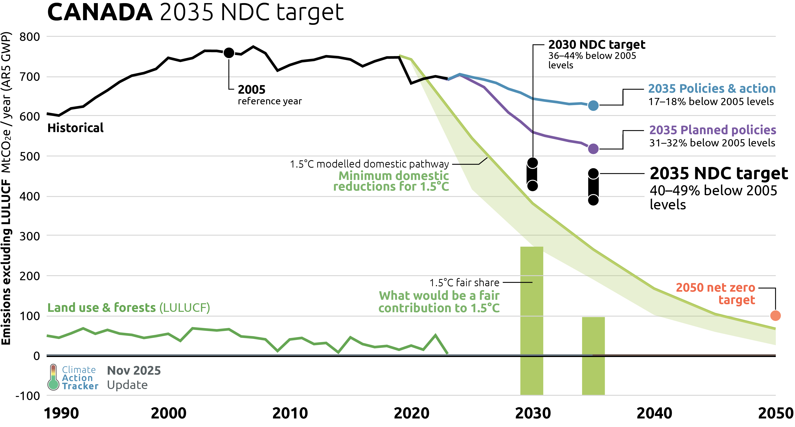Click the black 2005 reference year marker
coord(229,53)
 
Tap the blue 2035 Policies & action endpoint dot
coord(593,106)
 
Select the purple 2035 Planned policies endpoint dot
coord(593,149)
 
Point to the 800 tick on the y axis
coord(30,37)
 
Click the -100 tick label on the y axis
coord(28,396)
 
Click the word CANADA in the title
coord(100,12)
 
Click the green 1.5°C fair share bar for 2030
coord(531,321)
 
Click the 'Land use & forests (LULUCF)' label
coord(128,308)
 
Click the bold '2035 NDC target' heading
coord(719,173)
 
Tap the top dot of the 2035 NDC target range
coord(593,174)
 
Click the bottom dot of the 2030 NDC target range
coord(532,186)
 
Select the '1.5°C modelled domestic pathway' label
coord(369,164)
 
